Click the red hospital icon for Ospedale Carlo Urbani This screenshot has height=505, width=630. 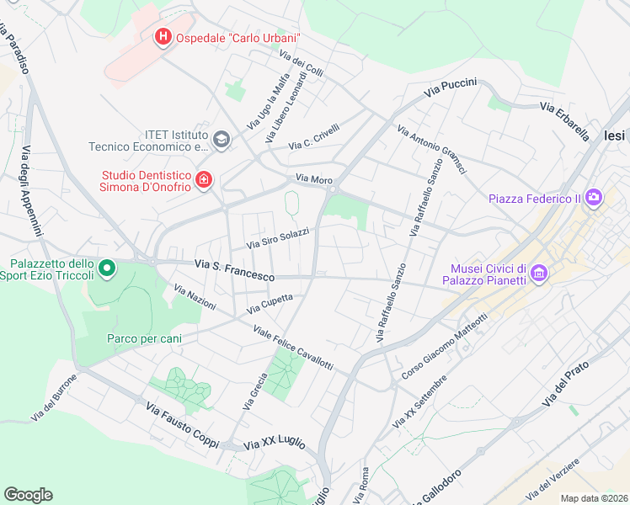click(x=163, y=38)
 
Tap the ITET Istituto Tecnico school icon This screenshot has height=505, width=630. click(x=222, y=140)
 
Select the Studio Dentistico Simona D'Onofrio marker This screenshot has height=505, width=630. click(x=203, y=180)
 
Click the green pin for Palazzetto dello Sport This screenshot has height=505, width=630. click(x=106, y=269)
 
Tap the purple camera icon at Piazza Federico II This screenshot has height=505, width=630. click(x=595, y=199)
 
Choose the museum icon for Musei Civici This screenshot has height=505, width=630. click(x=540, y=274)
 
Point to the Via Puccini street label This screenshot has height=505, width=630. click(x=451, y=88)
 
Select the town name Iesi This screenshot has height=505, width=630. click(x=617, y=136)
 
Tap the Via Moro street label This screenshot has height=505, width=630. click(x=313, y=179)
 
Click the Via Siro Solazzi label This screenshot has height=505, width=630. click(x=277, y=238)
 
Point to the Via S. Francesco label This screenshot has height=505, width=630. click(x=234, y=270)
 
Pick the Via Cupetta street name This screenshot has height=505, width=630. click(x=270, y=304)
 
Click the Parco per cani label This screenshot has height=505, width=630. click(x=144, y=338)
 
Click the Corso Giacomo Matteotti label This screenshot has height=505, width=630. click(x=446, y=355)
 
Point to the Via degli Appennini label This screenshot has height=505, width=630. click(x=31, y=190)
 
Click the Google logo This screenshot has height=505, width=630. click(x=28, y=495)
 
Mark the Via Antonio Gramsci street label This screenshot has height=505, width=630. click(x=432, y=151)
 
